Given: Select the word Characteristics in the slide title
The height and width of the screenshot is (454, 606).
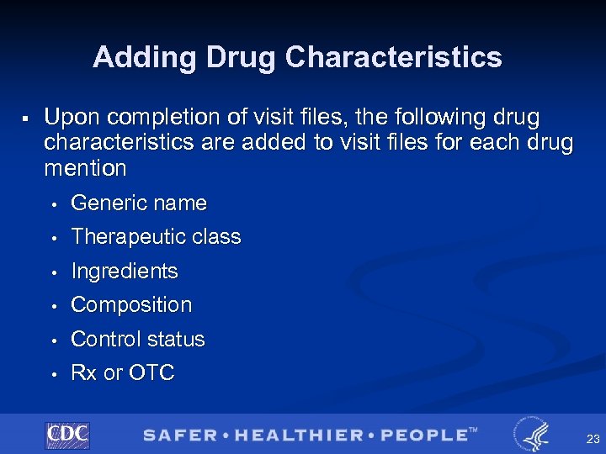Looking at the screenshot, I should point(393,57).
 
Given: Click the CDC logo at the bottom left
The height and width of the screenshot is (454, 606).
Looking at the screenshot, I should point(67,435).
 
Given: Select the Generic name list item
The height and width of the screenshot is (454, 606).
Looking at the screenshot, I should point(139,203).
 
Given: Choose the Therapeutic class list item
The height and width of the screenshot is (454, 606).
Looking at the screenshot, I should point(156,237).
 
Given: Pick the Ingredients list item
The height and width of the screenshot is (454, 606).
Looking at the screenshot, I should point(125,272).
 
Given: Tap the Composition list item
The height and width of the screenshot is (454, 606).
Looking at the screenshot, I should point(131,305).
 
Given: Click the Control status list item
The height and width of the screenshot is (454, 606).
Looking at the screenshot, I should point(138,340).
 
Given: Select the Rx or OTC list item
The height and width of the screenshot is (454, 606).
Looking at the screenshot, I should point(123,373).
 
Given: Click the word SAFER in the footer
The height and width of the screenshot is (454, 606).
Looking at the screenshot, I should point(179,435).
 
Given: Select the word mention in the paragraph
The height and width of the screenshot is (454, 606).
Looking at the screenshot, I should point(85,168).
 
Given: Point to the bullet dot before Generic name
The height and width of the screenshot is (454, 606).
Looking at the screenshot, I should point(52,204).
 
